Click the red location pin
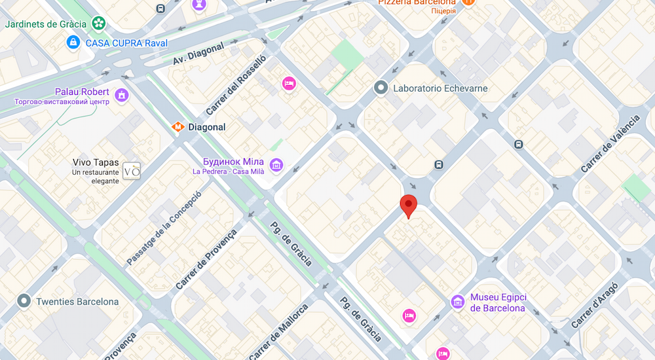[x=409, y=206]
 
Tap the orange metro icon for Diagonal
[x=177, y=127]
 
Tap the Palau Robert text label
[x=82, y=92]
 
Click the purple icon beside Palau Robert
[x=122, y=96]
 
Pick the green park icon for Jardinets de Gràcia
[x=98, y=24]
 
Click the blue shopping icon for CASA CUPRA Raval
[x=74, y=43]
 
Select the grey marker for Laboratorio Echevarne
[x=381, y=87]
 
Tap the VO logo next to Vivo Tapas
[x=132, y=171]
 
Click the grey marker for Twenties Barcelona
[x=24, y=301]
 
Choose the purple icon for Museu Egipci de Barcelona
[x=458, y=302]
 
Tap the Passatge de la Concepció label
[x=164, y=228]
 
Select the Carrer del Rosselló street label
[x=236, y=85]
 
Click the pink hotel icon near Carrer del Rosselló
[x=289, y=84]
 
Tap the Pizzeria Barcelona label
[x=417, y=3]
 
